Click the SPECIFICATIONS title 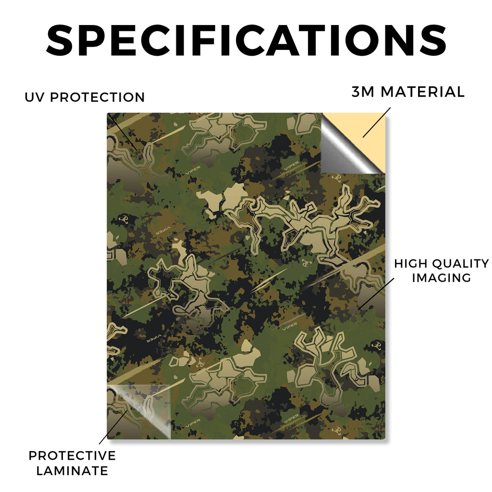point(246,40)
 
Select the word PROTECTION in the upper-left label point(97,97)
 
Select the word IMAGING point(442,278)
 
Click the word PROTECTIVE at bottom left point(72,455)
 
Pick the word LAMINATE point(72,471)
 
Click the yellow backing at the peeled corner point(366,132)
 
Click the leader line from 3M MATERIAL point(377,123)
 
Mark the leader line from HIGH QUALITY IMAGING point(376,294)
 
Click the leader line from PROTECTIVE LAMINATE point(113,427)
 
